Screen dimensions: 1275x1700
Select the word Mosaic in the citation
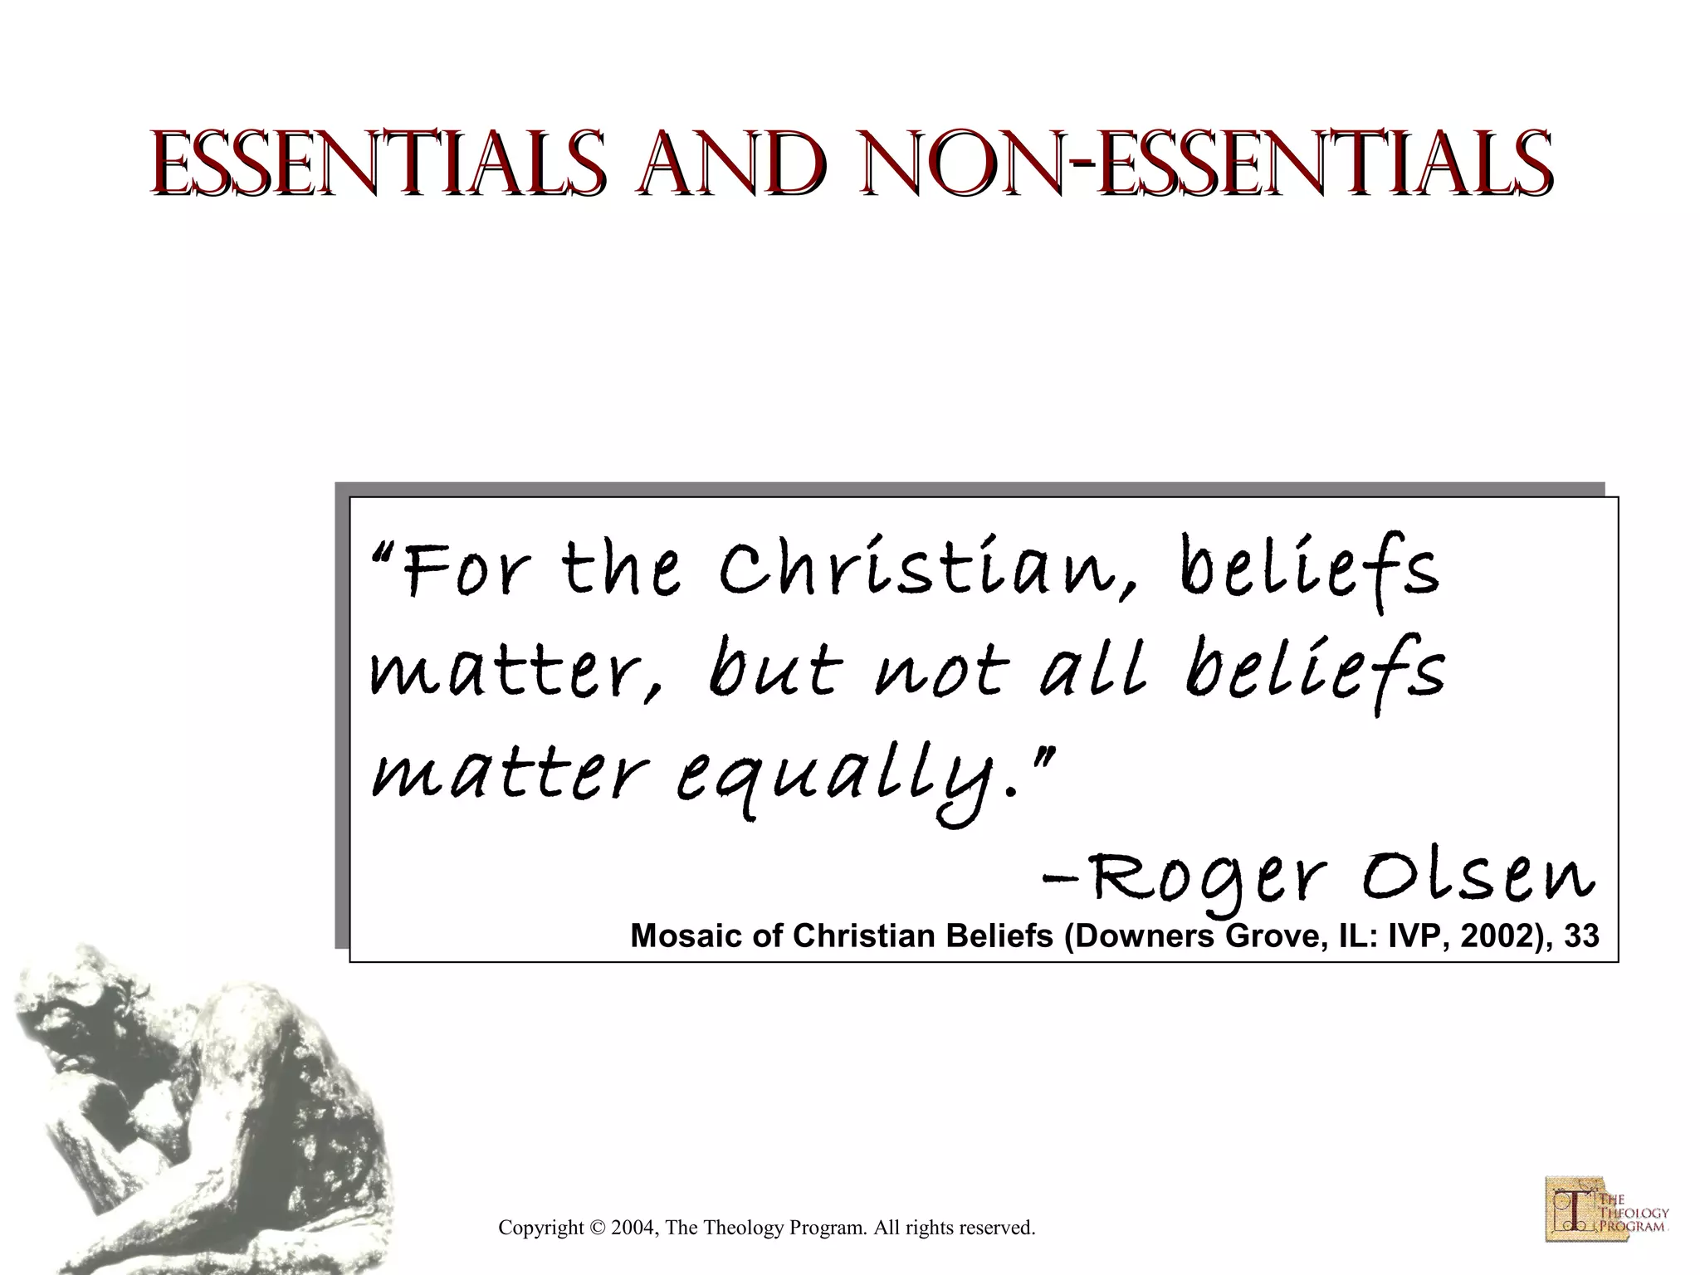click(x=681, y=936)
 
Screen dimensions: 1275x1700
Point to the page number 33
click(x=1582, y=936)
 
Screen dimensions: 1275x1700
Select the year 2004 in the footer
click(x=633, y=1228)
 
